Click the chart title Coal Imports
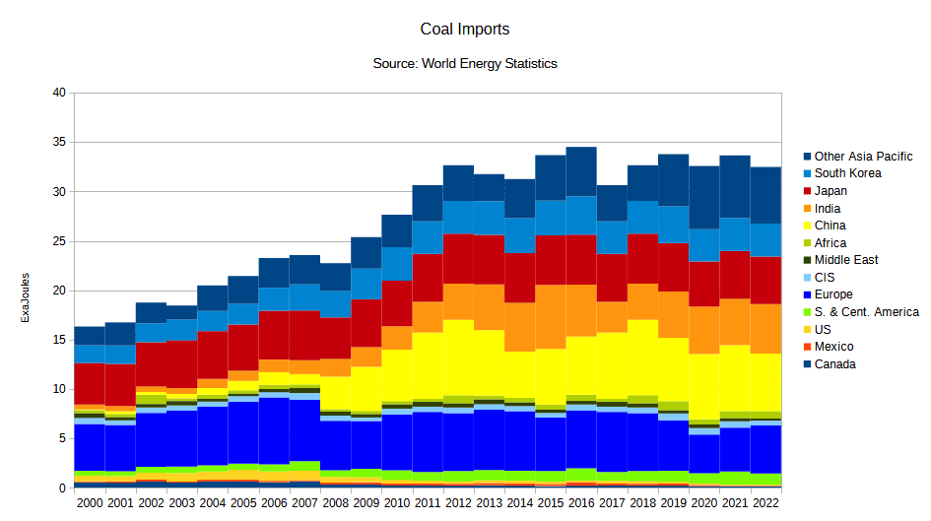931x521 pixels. [465, 30]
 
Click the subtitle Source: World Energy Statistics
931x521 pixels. [465, 63]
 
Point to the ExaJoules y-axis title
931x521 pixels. [27, 292]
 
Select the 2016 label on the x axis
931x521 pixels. [581, 502]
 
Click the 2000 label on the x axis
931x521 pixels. [90, 502]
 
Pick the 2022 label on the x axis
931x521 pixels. [765, 502]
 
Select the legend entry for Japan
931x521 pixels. [831, 191]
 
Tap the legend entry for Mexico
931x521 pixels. [833, 347]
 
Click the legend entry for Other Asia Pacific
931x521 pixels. [863, 156]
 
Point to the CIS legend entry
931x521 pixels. [825, 278]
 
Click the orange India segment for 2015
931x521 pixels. [551, 316]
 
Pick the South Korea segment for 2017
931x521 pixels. [612, 237]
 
